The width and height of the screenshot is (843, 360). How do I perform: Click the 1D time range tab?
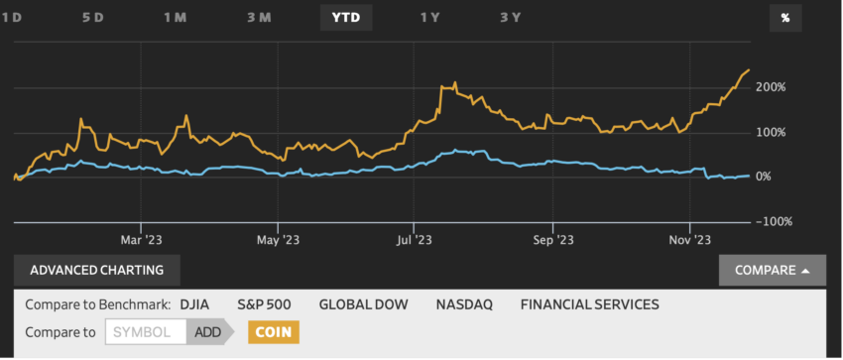click(11, 17)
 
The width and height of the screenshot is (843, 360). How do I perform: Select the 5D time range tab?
click(92, 17)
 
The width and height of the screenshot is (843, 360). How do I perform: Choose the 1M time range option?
click(176, 17)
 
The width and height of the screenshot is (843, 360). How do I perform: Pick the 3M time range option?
click(259, 17)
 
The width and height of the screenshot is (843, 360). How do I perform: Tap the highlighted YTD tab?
click(345, 17)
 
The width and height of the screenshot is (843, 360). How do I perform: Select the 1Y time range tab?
click(429, 17)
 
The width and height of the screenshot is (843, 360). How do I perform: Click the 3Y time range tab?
click(510, 17)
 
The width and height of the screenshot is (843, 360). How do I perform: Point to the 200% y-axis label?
click(770, 87)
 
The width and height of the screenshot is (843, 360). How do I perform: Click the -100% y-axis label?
click(773, 221)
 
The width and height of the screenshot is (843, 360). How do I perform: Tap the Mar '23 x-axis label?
click(141, 240)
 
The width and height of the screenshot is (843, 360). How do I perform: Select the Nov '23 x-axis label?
click(689, 240)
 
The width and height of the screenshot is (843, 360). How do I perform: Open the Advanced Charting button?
click(89, 270)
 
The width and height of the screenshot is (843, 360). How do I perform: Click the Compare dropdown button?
click(773, 270)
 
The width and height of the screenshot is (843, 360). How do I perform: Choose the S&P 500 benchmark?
click(264, 304)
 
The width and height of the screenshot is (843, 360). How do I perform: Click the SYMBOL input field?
click(145, 332)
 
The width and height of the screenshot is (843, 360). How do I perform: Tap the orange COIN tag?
click(274, 332)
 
